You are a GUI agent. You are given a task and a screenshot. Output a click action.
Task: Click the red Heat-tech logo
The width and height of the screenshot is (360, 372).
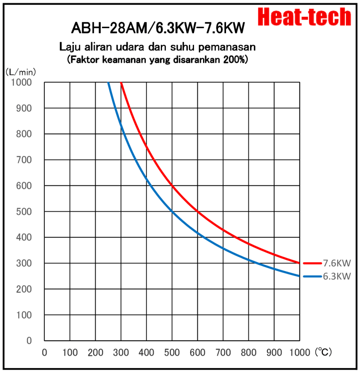click(305, 17)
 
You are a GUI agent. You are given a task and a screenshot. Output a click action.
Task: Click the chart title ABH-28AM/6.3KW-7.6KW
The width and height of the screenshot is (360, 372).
click(158, 29)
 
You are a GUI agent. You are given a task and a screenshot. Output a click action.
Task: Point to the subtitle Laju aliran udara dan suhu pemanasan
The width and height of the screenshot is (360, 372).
click(157, 46)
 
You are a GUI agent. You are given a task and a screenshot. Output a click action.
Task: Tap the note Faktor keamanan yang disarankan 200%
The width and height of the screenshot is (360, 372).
click(157, 60)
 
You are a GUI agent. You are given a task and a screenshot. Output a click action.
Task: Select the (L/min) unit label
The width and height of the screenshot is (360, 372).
click(20, 71)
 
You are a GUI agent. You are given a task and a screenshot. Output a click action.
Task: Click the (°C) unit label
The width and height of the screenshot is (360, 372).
click(323, 352)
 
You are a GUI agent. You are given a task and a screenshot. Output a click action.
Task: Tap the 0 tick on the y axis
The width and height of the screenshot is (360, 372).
click(29, 341)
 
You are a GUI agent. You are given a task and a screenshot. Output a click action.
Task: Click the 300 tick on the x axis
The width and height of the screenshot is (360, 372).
click(121, 353)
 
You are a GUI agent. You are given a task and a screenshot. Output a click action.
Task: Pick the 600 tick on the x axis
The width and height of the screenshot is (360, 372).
click(197, 353)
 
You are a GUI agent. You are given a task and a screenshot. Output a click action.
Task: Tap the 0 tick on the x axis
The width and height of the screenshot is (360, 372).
click(44, 353)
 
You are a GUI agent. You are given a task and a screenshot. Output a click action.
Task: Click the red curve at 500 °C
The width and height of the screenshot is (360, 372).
click(172, 185)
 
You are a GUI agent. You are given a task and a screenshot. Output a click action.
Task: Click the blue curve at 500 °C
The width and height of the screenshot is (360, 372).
click(172, 211)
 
